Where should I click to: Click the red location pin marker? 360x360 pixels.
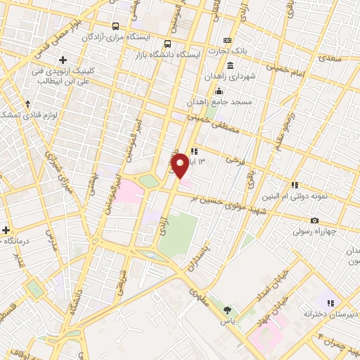coord(180,165)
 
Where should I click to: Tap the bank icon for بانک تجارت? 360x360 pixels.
coord(227,41)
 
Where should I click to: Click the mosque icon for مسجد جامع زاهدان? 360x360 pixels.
coord(219,90)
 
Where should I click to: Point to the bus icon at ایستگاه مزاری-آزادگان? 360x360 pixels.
coord(115,26)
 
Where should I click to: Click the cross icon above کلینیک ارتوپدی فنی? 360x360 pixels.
coord(63,60)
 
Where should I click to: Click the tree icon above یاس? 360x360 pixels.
coord(226,309)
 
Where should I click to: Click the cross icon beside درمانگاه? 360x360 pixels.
coord(6,230)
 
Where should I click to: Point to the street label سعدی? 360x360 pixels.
coord(333,58)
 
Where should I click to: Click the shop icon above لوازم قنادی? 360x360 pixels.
coord(27,103)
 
